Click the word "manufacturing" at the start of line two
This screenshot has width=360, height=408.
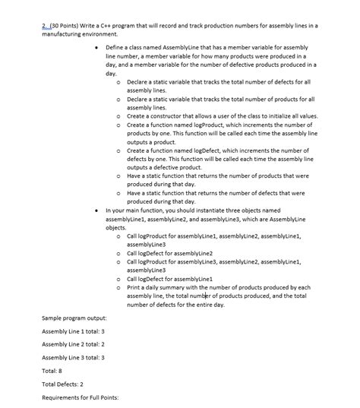click(x=62, y=35)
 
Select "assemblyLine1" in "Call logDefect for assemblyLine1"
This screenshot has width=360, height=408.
click(x=194, y=279)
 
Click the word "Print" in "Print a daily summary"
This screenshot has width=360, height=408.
click(x=134, y=288)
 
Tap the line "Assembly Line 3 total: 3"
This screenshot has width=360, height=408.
click(x=74, y=356)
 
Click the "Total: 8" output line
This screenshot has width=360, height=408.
click(x=53, y=370)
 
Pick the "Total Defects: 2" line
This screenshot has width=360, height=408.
click(x=63, y=384)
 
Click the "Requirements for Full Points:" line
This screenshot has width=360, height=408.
click(x=81, y=397)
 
